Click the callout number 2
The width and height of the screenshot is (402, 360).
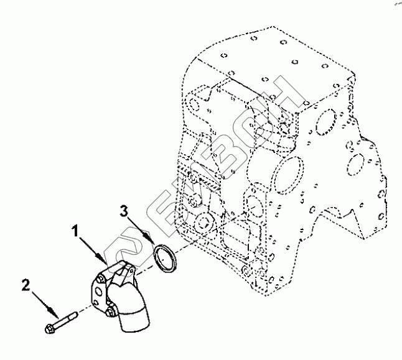pyautogui.click(x=26, y=285)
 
